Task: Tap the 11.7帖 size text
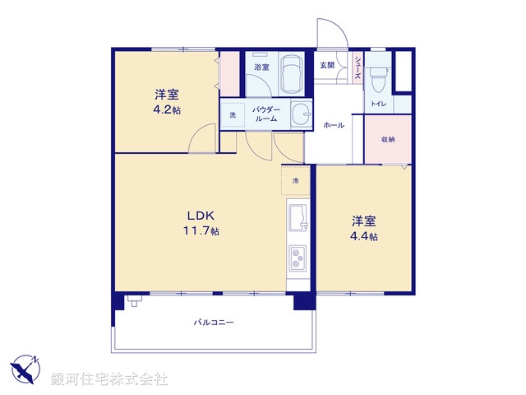pos(201,232)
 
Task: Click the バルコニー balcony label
pos(214,323)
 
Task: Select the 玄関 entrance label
pos(327,65)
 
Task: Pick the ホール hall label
pos(334,125)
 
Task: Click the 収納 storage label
pos(388,139)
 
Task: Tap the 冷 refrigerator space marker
pos(295,180)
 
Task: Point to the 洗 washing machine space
pos(232,115)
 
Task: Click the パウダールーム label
pos(265,114)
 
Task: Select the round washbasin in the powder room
pos(302,116)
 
